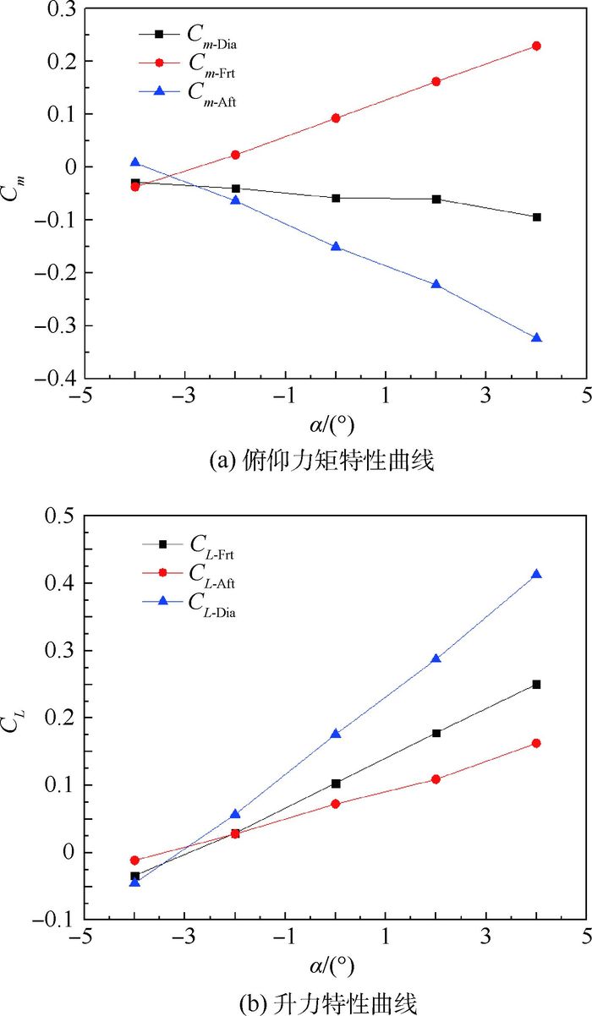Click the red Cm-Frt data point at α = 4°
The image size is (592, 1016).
(536, 46)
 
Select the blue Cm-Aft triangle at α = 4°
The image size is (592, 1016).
(536, 337)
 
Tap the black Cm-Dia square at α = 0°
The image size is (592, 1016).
(336, 198)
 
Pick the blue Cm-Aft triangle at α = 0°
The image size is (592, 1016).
(336, 247)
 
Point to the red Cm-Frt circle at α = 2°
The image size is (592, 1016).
(436, 81)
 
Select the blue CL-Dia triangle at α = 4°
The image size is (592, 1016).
(536, 575)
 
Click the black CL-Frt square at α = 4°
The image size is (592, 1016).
(536, 685)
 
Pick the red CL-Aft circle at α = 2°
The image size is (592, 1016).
(436, 778)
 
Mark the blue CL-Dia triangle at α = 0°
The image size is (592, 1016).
(336, 734)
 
